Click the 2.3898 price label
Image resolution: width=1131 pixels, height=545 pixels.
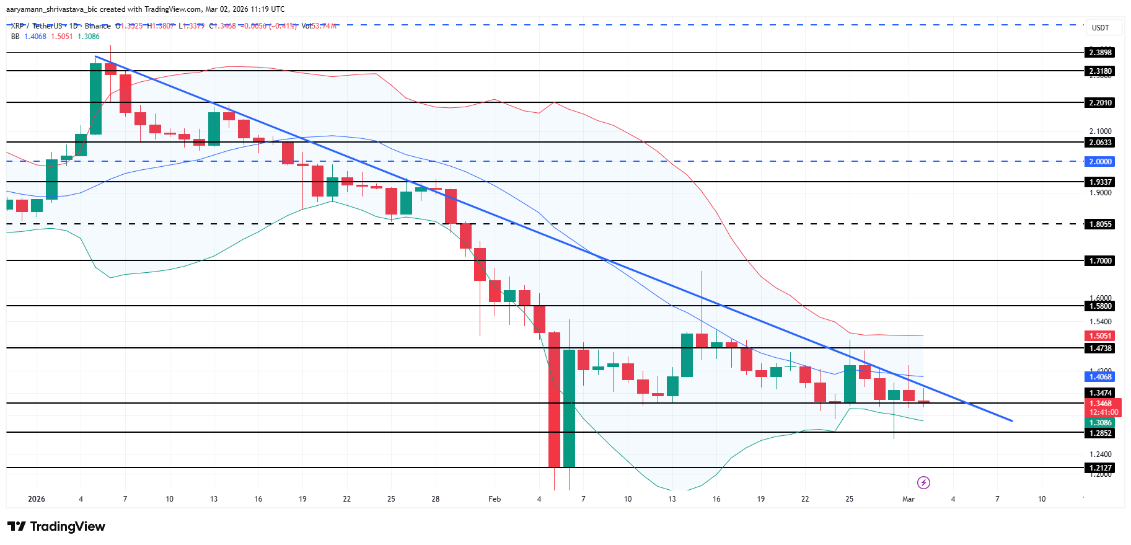(1100, 53)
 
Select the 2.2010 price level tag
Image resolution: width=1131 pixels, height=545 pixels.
(1100, 103)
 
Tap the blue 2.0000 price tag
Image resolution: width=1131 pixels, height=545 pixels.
(1100, 162)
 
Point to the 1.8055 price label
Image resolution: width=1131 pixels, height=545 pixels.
(1100, 224)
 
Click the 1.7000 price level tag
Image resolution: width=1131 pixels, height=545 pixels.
(1100, 261)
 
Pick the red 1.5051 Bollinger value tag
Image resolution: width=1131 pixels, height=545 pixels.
(1100, 336)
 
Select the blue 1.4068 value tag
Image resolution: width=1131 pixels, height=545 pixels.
(1100, 377)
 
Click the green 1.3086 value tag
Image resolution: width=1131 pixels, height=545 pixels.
(1100, 423)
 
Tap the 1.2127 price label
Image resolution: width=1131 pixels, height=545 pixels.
(1100, 468)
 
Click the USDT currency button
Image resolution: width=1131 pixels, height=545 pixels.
(1100, 28)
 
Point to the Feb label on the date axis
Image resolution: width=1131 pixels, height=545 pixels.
(495, 499)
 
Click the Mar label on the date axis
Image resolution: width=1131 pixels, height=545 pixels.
(909, 499)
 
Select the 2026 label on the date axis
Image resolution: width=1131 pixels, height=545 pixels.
(37, 499)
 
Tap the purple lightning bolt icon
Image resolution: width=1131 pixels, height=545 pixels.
(923, 482)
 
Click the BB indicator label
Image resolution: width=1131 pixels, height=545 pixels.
(15, 37)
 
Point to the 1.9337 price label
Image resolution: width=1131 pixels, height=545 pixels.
(1100, 182)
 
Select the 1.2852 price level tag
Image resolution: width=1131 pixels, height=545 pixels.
(1100, 433)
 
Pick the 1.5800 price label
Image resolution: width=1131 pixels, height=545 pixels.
(1100, 306)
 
